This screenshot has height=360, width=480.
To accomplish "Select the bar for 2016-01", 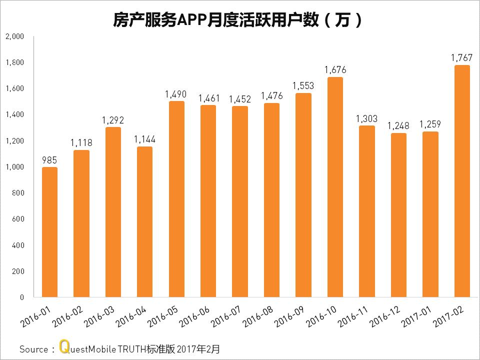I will (49, 232).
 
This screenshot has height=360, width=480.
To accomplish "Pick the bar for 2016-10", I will (334, 187).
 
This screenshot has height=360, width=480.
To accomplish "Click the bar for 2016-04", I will (144, 222).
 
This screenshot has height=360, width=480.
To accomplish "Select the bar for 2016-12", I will (398, 215).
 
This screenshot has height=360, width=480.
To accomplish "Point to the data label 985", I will (49, 160).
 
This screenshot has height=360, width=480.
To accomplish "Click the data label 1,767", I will (461, 58).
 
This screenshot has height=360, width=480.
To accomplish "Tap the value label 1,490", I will (176, 94).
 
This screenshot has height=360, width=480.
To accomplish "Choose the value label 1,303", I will (366, 119).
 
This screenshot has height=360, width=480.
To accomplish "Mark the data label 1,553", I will (303, 86).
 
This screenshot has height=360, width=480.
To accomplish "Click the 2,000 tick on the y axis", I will (14, 36).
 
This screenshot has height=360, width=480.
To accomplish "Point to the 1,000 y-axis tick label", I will (14, 167).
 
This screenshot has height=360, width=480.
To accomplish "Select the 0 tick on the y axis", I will (21, 297).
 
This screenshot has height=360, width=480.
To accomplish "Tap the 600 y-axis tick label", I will (17, 219).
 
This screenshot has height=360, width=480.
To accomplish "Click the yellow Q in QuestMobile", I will (63, 347).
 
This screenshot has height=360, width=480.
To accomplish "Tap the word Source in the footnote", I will (33, 349).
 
